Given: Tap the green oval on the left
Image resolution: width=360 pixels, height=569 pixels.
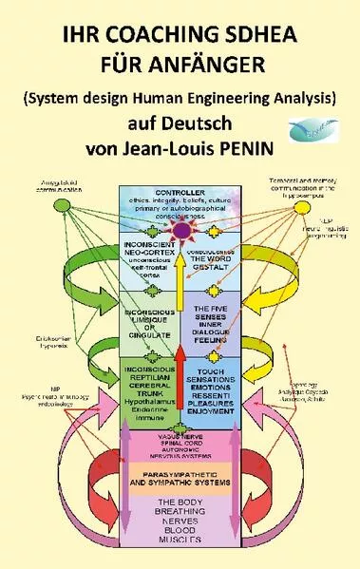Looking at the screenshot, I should [x=62, y=206].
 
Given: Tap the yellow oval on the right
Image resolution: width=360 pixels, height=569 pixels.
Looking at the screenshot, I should [x=302, y=206].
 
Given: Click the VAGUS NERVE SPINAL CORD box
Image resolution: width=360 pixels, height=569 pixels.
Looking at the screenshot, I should [x=178, y=447].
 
